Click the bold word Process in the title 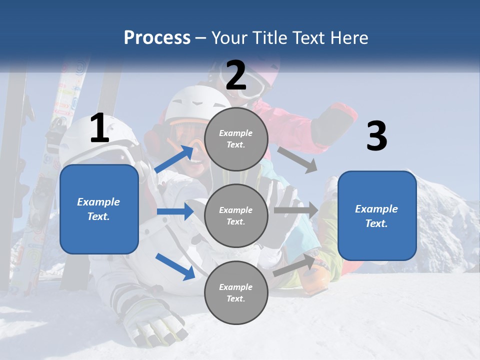coord(157,37)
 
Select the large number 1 coord(99,128)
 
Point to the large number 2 coord(236,75)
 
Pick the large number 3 coord(376,136)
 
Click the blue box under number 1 coord(99,209)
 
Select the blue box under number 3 coord(377,215)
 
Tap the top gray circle coord(236,139)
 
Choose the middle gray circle coord(236,215)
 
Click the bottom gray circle coord(236,292)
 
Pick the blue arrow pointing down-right coord(175,266)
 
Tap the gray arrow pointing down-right coord(298,159)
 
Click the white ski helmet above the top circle coord(192,102)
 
